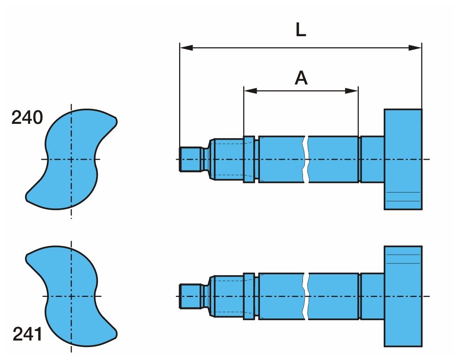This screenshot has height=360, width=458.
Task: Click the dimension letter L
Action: click(301, 30)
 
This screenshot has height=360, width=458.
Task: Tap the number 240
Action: click(27, 117)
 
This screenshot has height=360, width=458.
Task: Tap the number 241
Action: click(27, 334)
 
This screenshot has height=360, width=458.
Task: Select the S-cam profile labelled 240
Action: click(71, 159)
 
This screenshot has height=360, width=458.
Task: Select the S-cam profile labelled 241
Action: click(71, 296)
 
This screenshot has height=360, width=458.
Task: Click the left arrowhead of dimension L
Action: click(187, 48)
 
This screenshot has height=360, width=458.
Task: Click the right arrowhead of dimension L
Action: click(415, 48)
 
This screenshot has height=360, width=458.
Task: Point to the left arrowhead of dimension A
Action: click(250, 91)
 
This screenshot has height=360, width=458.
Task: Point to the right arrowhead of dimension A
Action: click(351, 91)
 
